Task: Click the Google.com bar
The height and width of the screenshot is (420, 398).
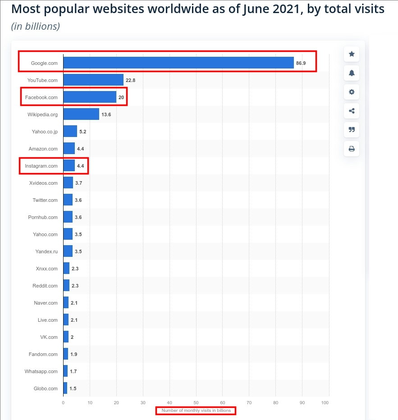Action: (x=178, y=63)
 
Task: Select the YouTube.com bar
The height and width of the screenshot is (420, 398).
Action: (x=93, y=80)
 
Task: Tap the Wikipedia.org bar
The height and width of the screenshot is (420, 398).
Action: (x=81, y=114)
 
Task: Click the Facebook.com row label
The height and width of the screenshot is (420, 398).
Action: (x=41, y=97)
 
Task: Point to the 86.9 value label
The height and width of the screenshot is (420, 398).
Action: (x=301, y=63)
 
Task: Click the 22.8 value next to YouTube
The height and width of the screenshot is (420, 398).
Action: (x=131, y=80)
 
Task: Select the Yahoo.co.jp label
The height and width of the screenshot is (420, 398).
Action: (x=45, y=132)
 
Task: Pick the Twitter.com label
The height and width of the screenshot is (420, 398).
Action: (x=45, y=200)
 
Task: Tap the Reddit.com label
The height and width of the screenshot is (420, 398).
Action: (x=45, y=286)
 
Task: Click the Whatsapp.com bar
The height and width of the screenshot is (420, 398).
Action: (x=65, y=371)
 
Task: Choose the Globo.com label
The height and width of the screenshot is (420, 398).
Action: (x=46, y=388)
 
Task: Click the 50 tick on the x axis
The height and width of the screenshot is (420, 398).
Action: (x=196, y=402)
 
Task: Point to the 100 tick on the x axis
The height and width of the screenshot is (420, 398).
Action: (x=325, y=402)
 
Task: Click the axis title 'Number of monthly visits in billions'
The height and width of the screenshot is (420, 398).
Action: (x=196, y=411)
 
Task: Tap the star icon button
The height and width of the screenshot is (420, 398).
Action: (x=352, y=54)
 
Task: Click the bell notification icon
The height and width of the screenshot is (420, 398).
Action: (x=352, y=73)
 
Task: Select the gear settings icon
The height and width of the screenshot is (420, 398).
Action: (x=352, y=92)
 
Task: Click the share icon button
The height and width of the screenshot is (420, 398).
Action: (x=352, y=111)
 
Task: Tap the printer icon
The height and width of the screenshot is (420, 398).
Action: (x=352, y=149)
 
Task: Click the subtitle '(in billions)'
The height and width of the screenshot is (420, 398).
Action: (x=36, y=27)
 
